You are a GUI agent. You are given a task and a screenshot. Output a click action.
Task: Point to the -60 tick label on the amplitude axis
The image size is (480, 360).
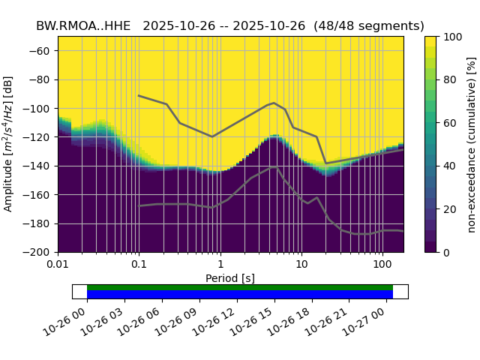pyautogui.click(x=42, y=51)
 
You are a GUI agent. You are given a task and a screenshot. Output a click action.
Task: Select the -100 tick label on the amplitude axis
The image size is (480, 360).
pyautogui.click(x=40, y=109)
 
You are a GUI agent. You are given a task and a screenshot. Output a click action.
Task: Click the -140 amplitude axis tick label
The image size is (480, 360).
pyautogui.click(x=40, y=166)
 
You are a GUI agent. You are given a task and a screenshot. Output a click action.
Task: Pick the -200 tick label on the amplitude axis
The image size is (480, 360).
pyautogui.click(x=40, y=253)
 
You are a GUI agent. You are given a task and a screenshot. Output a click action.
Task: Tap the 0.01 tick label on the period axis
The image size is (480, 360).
pyautogui.click(x=58, y=265)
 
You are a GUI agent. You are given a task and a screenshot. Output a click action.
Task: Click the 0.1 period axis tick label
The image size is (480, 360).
pyautogui.click(x=139, y=265)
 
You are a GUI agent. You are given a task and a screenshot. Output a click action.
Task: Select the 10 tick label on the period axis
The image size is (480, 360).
pyautogui.click(x=301, y=265)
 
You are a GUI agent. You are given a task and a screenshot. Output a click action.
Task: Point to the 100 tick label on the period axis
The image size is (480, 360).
pyautogui.click(x=382, y=265)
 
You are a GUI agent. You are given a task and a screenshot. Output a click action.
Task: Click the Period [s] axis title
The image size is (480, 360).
pyautogui.click(x=230, y=278)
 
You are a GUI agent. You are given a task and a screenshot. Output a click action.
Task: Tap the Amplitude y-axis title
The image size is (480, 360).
pyautogui.click(x=9, y=144)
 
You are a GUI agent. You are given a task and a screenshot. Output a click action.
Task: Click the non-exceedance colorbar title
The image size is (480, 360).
pyautogui.click(x=471, y=144)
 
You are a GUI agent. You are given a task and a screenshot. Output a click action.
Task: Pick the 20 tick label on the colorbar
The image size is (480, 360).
pyautogui.click(x=447, y=209)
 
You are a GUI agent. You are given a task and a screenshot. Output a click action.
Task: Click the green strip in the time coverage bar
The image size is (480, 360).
pyautogui.click(x=240, y=287)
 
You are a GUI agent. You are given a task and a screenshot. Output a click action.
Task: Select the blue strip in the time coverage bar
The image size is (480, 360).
pyautogui.click(x=240, y=295)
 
